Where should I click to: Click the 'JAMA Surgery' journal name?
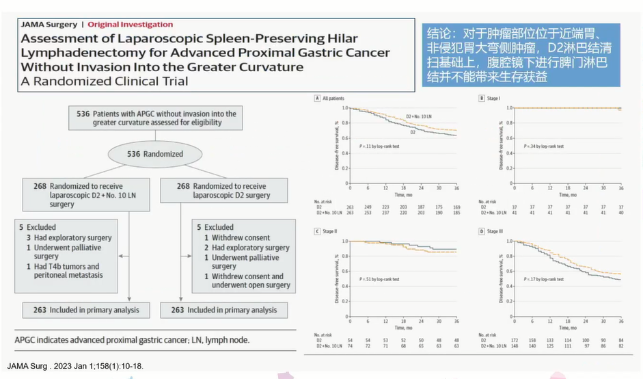pos(50,25)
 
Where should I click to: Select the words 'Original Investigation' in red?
pos(131,25)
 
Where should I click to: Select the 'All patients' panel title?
pos(333,99)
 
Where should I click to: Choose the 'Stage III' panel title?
pos(495,232)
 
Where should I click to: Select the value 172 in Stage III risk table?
pos(515,340)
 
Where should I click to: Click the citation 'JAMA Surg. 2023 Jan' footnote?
pos(76,367)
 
